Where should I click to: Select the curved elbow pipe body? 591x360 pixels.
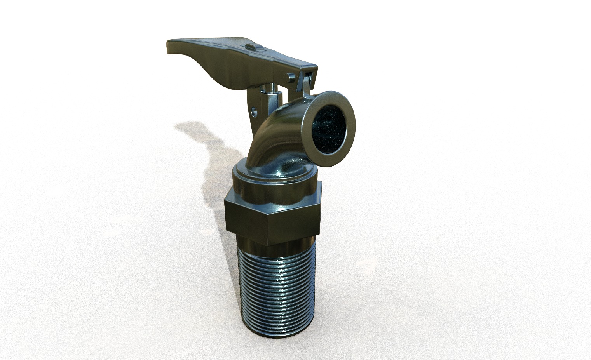tap(272, 136)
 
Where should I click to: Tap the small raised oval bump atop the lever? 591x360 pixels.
tap(252, 47)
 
